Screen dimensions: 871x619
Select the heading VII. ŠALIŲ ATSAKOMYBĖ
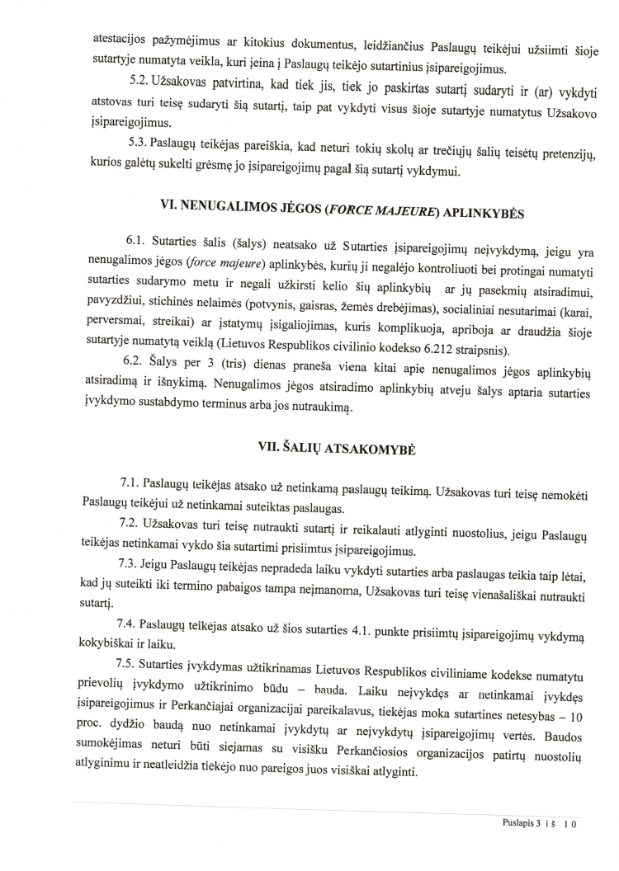[337, 447]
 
